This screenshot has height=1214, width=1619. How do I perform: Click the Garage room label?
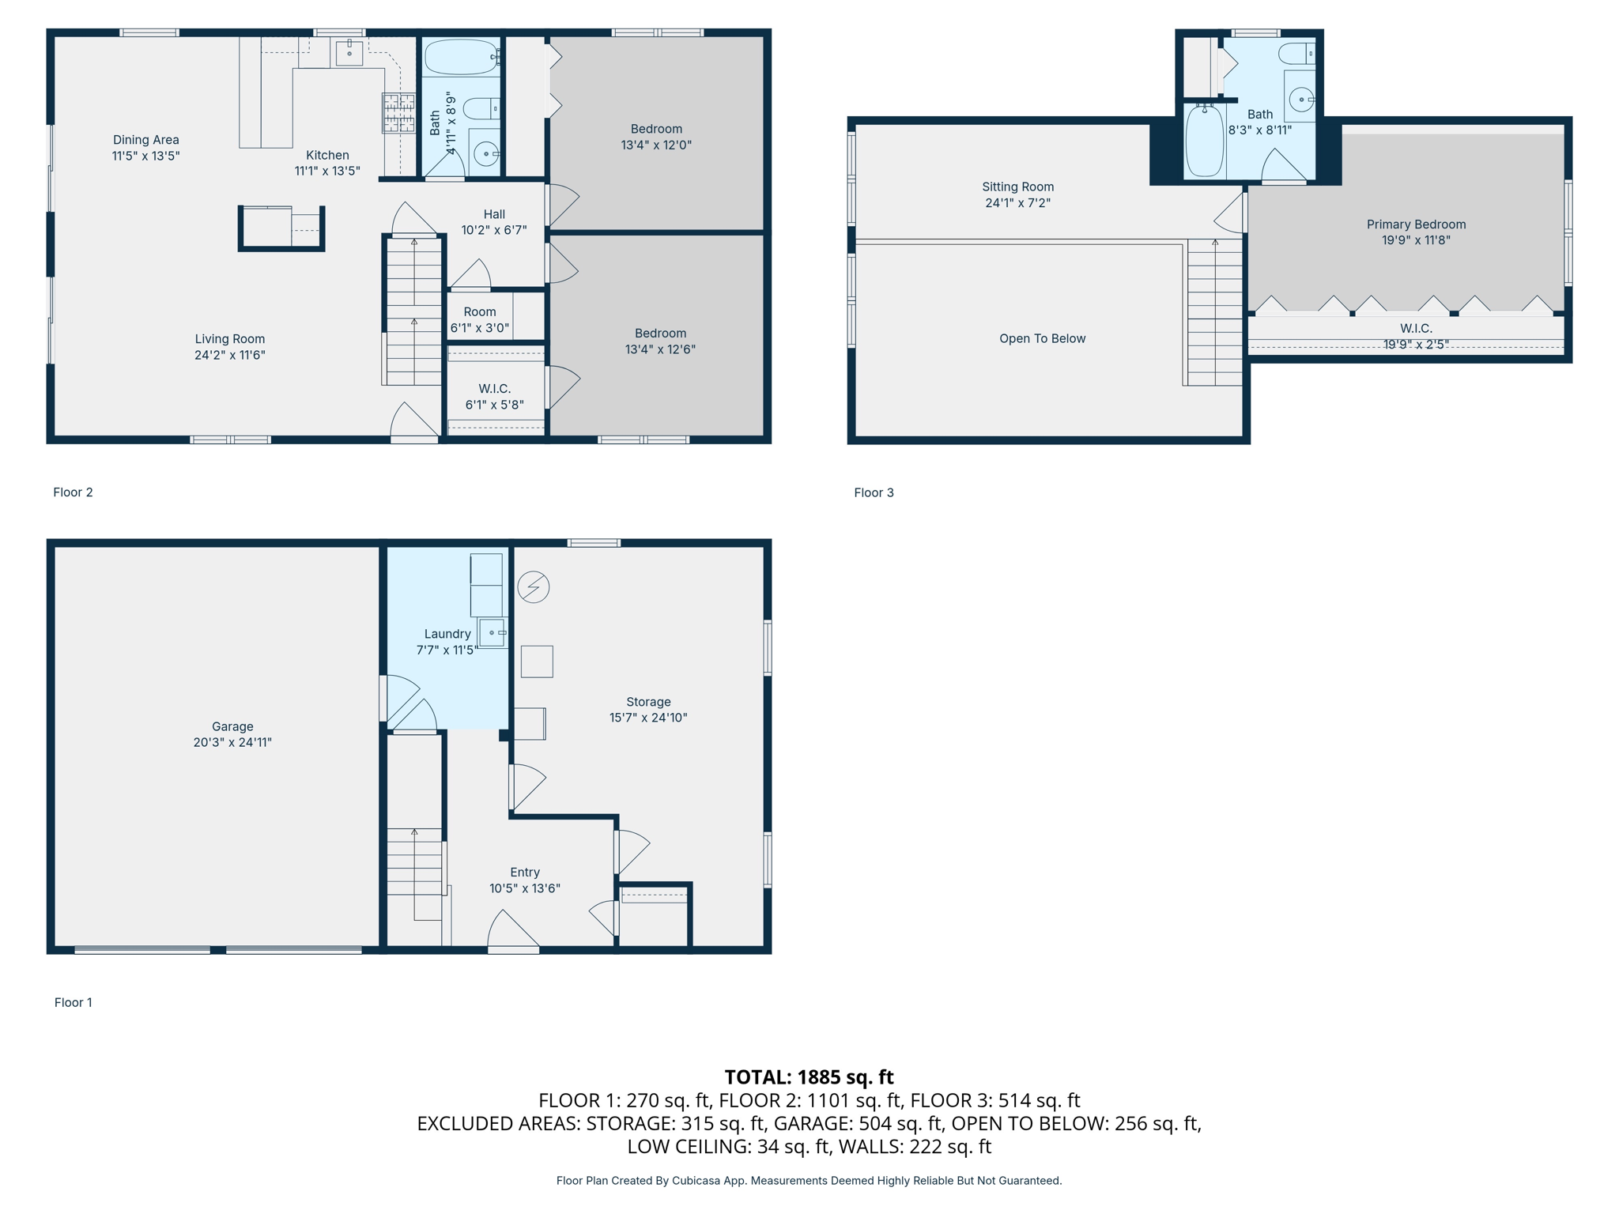(x=232, y=726)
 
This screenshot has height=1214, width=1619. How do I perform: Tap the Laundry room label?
(x=447, y=634)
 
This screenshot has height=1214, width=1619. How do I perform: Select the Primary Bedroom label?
(x=1416, y=224)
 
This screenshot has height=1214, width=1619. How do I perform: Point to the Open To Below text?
(x=1042, y=338)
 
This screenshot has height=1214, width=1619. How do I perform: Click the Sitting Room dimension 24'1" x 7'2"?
(x=1017, y=203)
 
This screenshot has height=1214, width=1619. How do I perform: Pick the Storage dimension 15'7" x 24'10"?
(x=648, y=718)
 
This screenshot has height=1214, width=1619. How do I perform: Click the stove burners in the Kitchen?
(x=399, y=112)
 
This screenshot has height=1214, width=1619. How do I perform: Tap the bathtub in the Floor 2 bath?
(x=462, y=57)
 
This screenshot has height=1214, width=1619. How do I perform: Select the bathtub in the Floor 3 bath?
(x=1205, y=141)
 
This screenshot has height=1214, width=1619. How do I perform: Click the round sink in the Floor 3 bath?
(x=1301, y=100)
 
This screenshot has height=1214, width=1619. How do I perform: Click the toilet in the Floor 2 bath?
(x=481, y=107)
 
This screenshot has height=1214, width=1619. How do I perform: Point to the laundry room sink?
(x=492, y=633)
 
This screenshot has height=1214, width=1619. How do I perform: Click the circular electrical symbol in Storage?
(x=534, y=587)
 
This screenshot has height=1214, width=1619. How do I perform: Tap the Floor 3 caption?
(x=874, y=492)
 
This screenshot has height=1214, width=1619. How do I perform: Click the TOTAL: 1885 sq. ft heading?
(x=809, y=1076)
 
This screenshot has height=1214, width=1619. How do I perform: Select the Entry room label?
(x=525, y=872)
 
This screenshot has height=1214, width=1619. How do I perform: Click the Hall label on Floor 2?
(x=494, y=214)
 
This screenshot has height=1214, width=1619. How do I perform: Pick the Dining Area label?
(x=146, y=140)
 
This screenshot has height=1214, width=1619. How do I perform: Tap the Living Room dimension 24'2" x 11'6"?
(x=230, y=355)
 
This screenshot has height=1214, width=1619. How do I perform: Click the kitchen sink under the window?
(x=349, y=52)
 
